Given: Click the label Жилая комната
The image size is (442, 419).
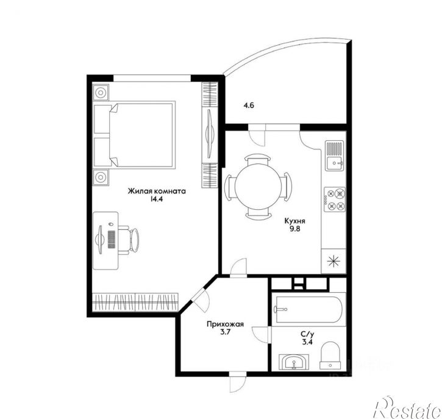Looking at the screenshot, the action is point(157,191).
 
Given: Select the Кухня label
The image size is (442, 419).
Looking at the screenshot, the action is point(295,221).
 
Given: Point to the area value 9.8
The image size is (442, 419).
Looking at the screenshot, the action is point(295,229).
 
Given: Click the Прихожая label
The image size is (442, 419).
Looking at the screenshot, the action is point(225,324).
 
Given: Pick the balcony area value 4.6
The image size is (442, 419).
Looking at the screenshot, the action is point(249,106).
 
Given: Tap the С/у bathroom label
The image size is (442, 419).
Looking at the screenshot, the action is point(307,335).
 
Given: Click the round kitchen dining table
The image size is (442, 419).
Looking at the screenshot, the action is point(258,186).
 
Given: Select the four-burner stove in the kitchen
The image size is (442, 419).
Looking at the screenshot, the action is point(335,199).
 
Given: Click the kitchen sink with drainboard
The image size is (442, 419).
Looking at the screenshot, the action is point(335,156).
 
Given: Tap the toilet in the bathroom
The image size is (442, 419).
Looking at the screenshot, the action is point(330,356).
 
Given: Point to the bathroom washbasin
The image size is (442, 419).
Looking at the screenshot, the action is point(294,362).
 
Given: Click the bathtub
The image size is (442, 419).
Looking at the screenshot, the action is point(308,310).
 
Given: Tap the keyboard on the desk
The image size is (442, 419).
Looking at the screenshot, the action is point(112,240).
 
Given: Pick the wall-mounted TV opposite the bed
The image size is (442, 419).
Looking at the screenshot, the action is point(209,134).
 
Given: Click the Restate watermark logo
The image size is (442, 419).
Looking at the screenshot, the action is point(407,407).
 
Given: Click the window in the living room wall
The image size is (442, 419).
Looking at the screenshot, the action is point(152,78).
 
